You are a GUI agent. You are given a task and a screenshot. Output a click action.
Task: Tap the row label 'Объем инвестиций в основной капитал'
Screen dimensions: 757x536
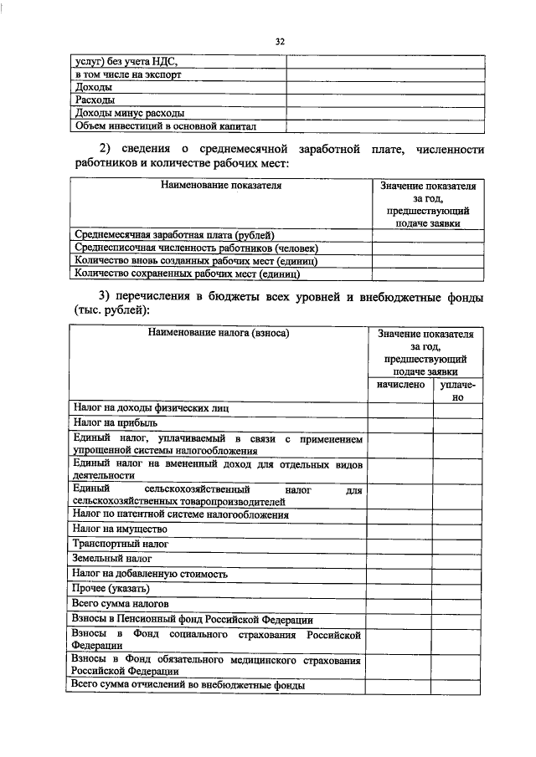tap(164, 126)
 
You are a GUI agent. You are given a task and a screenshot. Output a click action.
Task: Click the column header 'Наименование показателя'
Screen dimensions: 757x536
tap(220, 186)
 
